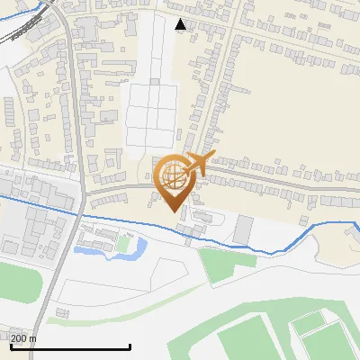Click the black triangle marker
point(181,24)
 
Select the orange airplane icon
point(193,166)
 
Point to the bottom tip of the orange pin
point(175,211)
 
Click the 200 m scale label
point(23,338)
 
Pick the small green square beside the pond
point(122,243)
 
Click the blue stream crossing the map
point(270,247)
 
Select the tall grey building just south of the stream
point(244,229)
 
